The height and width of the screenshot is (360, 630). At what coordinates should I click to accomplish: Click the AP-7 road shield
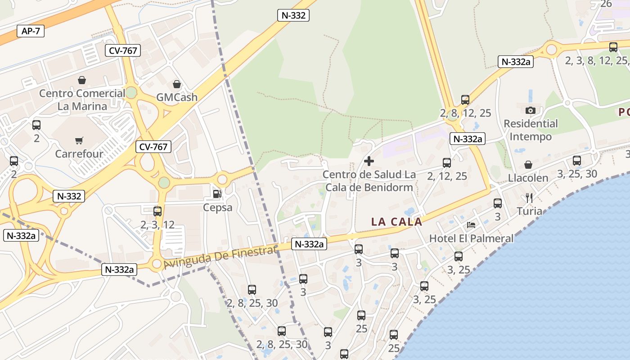[x=31, y=31]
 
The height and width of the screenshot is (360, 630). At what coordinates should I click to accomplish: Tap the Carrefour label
[x=79, y=154]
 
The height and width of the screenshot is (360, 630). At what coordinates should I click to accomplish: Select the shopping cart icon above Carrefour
[x=79, y=141]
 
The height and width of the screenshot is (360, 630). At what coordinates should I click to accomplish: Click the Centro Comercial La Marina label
[x=82, y=100]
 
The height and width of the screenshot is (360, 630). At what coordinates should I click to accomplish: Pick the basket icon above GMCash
[x=177, y=84]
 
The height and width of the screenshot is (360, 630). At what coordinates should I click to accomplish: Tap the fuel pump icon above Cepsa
[x=217, y=194]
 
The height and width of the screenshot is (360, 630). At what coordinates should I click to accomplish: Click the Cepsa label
[x=218, y=207]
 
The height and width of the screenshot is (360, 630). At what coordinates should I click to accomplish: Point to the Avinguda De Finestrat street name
[x=220, y=258]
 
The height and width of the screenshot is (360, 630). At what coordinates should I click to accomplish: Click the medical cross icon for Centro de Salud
[x=369, y=161]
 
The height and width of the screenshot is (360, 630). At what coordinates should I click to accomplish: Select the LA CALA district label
[x=397, y=221]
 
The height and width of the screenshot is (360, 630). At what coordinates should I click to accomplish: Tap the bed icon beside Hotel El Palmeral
[x=471, y=225]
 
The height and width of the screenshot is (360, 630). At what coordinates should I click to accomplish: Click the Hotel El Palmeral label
[x=471, y=238]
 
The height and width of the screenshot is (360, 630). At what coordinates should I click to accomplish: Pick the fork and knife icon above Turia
[x=529, y=198]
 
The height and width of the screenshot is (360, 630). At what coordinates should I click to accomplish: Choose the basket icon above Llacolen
[x=528, y=165]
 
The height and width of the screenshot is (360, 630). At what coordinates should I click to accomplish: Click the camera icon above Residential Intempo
[x=531, y=110]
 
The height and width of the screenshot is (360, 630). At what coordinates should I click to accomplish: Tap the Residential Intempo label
[x=531, y=130]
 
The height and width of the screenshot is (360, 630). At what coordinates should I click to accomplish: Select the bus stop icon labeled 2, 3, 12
[x=157, y=211]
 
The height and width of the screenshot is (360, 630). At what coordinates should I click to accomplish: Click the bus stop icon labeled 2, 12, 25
[x=447, y=162]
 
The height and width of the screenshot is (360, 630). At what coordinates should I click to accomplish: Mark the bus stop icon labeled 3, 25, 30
[x=577, y=160]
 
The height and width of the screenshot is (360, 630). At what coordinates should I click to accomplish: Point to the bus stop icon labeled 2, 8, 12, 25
[x=465, y=99]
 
